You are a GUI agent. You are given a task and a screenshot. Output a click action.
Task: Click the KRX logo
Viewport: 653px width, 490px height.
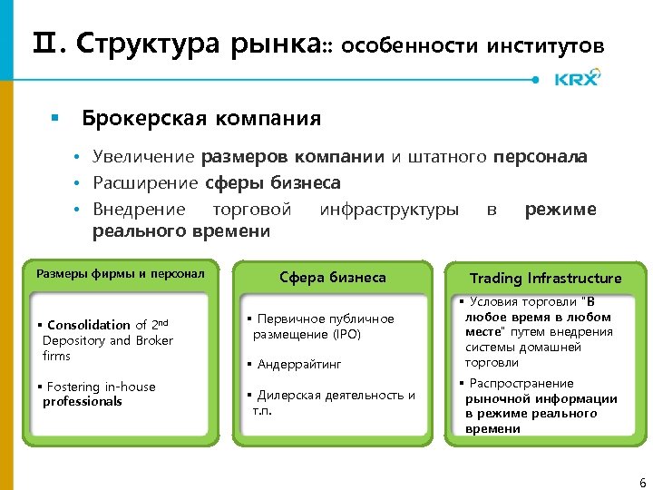577,79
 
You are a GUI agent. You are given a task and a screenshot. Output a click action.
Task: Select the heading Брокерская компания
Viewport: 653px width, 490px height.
201,118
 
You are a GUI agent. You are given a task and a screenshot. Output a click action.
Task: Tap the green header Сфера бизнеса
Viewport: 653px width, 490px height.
332,278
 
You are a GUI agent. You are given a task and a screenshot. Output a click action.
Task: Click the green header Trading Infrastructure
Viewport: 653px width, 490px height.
545,278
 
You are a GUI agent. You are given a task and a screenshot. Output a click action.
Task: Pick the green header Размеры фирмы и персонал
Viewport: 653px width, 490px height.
120,273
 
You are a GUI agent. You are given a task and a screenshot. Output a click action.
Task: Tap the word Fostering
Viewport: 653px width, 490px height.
73,387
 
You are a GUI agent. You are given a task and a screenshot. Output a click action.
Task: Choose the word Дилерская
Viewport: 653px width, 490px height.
290,395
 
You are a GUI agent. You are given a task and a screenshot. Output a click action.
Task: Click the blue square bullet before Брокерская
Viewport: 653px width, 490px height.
54,119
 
